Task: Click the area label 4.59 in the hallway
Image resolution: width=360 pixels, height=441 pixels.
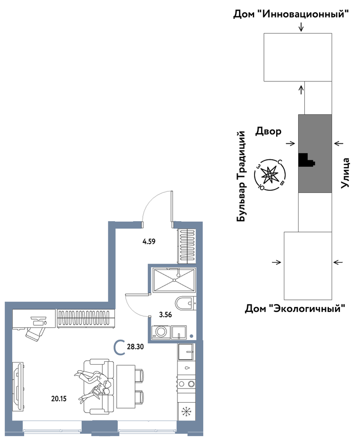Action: (x=149, y=241)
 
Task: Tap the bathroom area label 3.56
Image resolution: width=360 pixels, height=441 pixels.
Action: (x=166, y=314)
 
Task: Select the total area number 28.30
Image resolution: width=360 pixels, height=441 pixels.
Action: (x=135, y=347)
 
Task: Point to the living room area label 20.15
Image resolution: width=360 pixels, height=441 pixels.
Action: (x=59, y=398)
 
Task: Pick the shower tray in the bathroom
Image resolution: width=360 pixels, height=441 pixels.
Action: (x=174, y=280)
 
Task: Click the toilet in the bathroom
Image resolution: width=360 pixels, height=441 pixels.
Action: (x=185, y=304)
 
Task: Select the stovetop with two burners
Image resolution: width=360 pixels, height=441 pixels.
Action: (x=186, y=384)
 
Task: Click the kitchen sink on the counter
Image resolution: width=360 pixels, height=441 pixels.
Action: (x=186, y=352)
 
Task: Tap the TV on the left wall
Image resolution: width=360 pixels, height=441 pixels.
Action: (x=18, y=387)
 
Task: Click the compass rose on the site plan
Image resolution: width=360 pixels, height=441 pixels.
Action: (x=270, y=175)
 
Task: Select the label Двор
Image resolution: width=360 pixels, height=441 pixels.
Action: (x=268, y=131)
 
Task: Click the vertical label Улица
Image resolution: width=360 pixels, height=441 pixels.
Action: (x=345, y=173)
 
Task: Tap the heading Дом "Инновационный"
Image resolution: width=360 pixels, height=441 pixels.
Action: (x=291, y=14)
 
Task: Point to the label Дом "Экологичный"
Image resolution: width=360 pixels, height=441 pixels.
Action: (x=295, y=309)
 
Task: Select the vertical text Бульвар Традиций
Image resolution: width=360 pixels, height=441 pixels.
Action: (x=241, y=176)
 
